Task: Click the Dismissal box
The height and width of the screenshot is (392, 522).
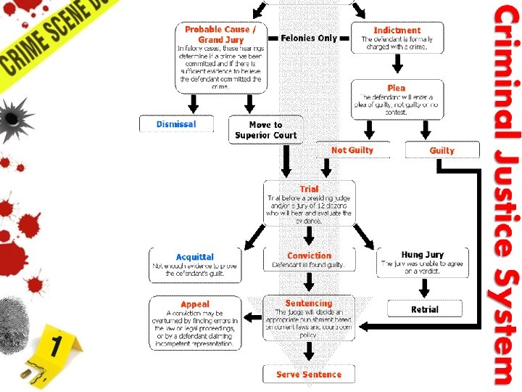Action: pos(175,124)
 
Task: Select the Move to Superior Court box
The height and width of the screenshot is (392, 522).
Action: pos(265,130)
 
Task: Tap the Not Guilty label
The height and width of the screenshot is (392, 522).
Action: pos(352,150)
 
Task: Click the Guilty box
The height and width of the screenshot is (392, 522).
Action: pos(442,150)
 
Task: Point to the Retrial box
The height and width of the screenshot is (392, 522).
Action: pos(424,309)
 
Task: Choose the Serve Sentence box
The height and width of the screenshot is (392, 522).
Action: pos(309,375)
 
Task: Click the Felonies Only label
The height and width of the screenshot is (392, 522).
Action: pos(309,38)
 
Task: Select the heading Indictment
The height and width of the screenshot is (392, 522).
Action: pos(397,30)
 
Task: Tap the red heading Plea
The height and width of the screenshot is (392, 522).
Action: pos(397,88)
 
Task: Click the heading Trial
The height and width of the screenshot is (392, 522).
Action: pos(309,189)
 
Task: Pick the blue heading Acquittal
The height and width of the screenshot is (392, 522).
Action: pos(194,257)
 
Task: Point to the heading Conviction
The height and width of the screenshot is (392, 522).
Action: pos(309,256)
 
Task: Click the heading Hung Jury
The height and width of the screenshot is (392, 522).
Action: pos(423,255)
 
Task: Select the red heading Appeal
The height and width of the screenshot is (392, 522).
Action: pos(194,304)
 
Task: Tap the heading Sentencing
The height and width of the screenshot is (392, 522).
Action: pos(309,303)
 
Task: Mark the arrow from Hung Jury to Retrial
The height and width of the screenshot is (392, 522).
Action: pos(423,289)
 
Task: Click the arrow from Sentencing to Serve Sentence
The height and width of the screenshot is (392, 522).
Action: pos(310,351)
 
